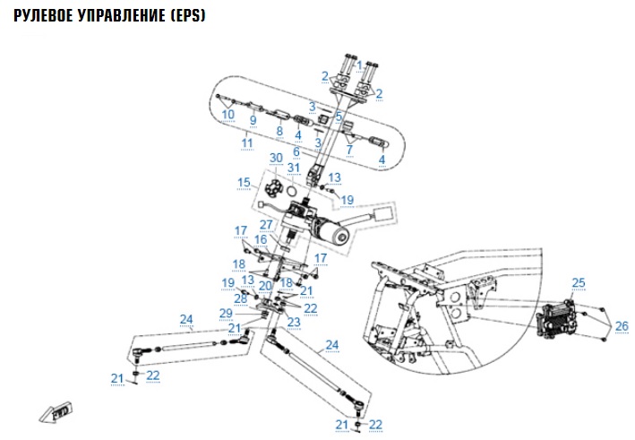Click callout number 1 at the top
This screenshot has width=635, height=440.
359,65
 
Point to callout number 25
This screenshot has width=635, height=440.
578,283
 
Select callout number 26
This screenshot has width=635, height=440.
622,324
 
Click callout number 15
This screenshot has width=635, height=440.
244,183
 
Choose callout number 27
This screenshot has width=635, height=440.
266,224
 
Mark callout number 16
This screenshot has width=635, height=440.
260,239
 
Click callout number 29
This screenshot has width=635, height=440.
226,313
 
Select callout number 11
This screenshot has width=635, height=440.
247,142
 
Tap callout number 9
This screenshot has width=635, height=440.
253,120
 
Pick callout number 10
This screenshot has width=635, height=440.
227,115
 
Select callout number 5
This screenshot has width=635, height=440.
339,116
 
